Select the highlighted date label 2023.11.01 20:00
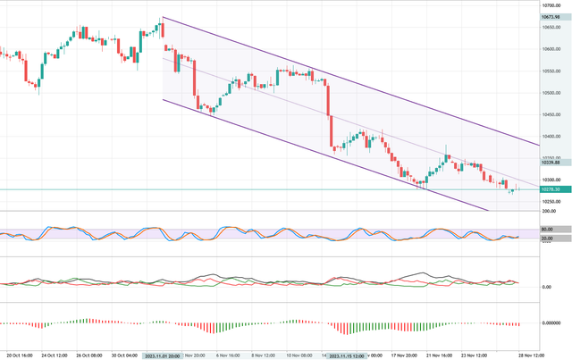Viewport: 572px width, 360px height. [162, 355]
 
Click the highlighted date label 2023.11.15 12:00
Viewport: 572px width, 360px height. [346, 355]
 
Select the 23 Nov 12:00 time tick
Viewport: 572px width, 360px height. [484, 355]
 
